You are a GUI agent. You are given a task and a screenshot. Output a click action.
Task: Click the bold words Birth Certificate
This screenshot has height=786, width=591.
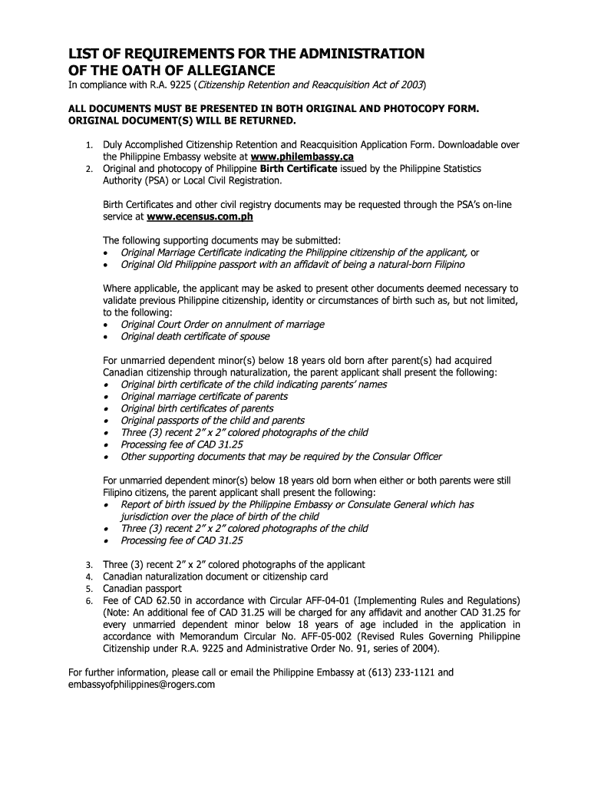tap(299, 169)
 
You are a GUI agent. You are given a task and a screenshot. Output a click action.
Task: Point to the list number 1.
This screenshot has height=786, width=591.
tap(89, 145)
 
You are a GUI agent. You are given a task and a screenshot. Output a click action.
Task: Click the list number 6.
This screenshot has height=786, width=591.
tap(89, 601)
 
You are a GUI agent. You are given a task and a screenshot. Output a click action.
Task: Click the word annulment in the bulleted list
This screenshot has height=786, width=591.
tap(252, 325)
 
